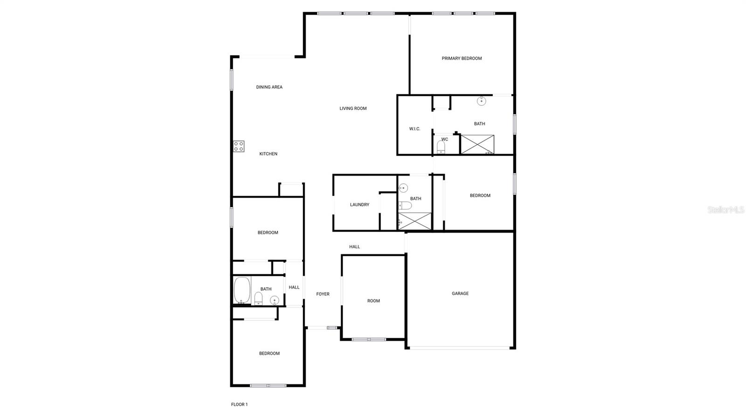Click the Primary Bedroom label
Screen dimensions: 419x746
[462, 58]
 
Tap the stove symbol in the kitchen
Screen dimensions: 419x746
[239, 146]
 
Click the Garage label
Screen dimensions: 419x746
[460, 294]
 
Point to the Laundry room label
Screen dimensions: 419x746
[359, 205]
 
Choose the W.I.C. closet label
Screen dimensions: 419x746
[414, 129]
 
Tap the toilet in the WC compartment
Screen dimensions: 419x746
[441, 147]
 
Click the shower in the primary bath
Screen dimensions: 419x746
[477, 144]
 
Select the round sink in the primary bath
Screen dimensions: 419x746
[481, 101]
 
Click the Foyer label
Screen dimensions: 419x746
[323, 294]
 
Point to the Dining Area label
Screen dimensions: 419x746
[269, 87]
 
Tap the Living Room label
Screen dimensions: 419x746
[353, 109]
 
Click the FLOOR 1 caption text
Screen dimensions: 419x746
[239, 405]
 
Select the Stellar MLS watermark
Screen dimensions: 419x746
[725, 210]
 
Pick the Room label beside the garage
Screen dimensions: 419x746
[373, 301]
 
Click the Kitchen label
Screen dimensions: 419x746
[268, 154]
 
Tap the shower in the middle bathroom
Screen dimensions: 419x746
[414, 221]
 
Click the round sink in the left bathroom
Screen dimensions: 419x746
[275, 300]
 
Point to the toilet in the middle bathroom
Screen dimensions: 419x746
[405, 206]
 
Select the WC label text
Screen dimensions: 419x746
[444, 139]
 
